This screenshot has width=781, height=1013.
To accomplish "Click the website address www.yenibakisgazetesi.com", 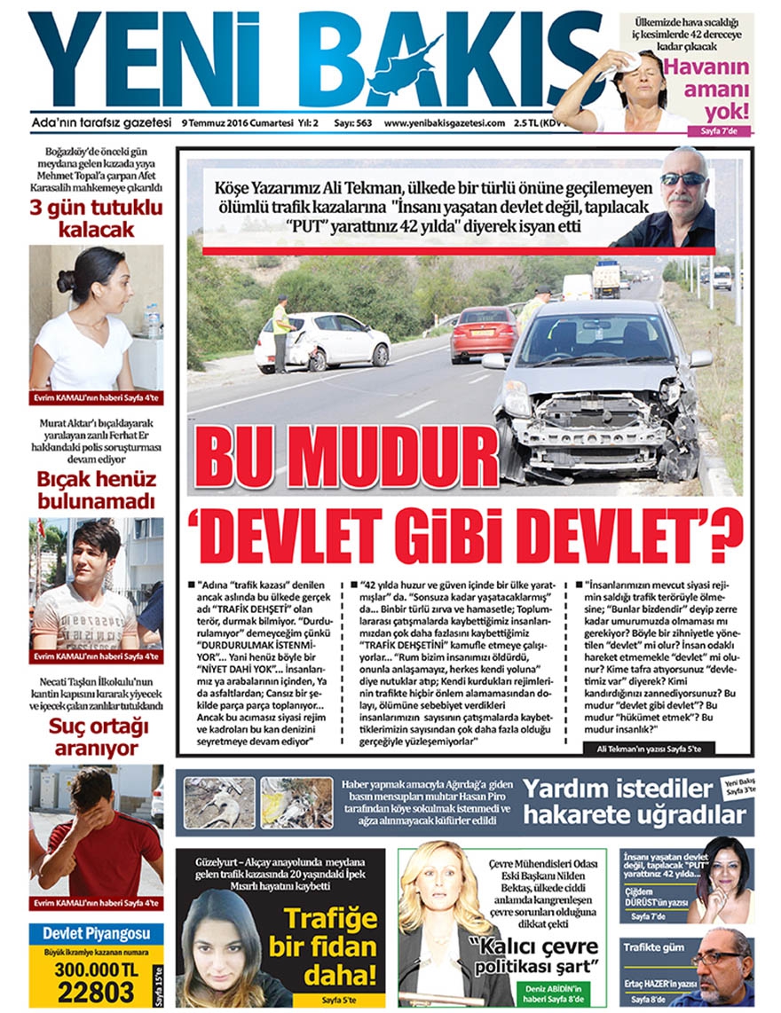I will pos(444,123).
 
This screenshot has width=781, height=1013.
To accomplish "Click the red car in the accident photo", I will pos(483,334).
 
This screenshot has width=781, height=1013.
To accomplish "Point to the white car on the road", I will pos(324,342).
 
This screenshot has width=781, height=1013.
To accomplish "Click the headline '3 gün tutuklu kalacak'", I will pos(95,218).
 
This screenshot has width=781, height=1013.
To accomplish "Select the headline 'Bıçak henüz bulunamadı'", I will pos(96,491).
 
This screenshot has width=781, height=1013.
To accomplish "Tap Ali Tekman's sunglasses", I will pos(683,179).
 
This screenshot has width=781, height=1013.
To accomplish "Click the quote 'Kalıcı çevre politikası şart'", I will pos(535,954).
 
